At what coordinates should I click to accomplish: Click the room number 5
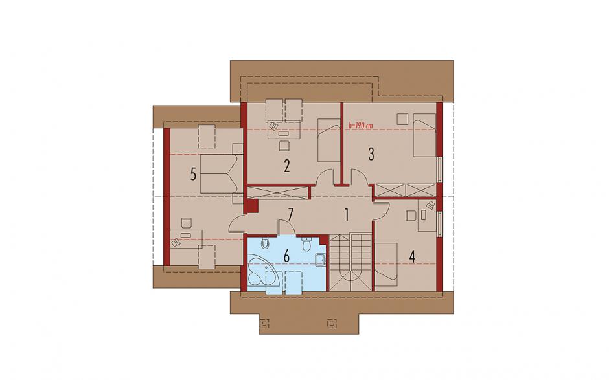tap(193, 174)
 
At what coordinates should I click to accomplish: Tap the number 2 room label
tap(286, 166)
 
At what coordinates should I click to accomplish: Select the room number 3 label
tap(371, 155)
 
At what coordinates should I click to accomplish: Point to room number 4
tap(412, 256)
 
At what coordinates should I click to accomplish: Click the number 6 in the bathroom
tap(286, 256)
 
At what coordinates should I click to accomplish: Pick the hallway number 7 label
tap(290, 214)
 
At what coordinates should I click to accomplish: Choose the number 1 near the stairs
tap(347, 215)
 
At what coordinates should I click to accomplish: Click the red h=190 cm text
tap(361, 126)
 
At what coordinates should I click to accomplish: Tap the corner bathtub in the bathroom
tap(262, 270)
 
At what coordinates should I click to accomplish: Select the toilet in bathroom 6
tap(306, 244)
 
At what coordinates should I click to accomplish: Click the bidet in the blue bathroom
tap(265, 242)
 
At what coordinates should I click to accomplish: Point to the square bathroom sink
tap(321, 260)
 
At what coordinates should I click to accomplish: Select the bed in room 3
tap(424, 135)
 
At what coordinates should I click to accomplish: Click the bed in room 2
tap(329, 140)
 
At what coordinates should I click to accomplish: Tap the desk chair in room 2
tap(284, 145)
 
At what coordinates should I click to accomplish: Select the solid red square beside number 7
tap(253, 206)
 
